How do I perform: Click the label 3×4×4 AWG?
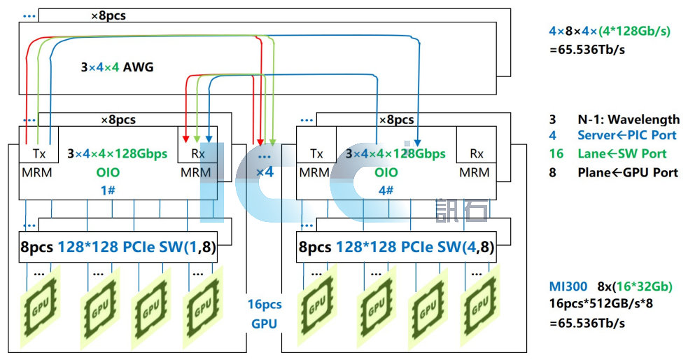pyautogui.click(x=117, y=68)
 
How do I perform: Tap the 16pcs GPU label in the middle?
pyautogui.click(x=265, y=314)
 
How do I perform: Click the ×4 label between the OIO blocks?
pyautogui.click(x=265, y=172)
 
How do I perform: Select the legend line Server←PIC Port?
pyautogui.click(x=622, y=136)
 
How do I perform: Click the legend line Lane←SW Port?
pyautogui.click(x=622, y=153)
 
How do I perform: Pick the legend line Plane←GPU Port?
pyautogui.click(x=627, y=172)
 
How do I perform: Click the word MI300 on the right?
pyautogui.click(x=568, y=286)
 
